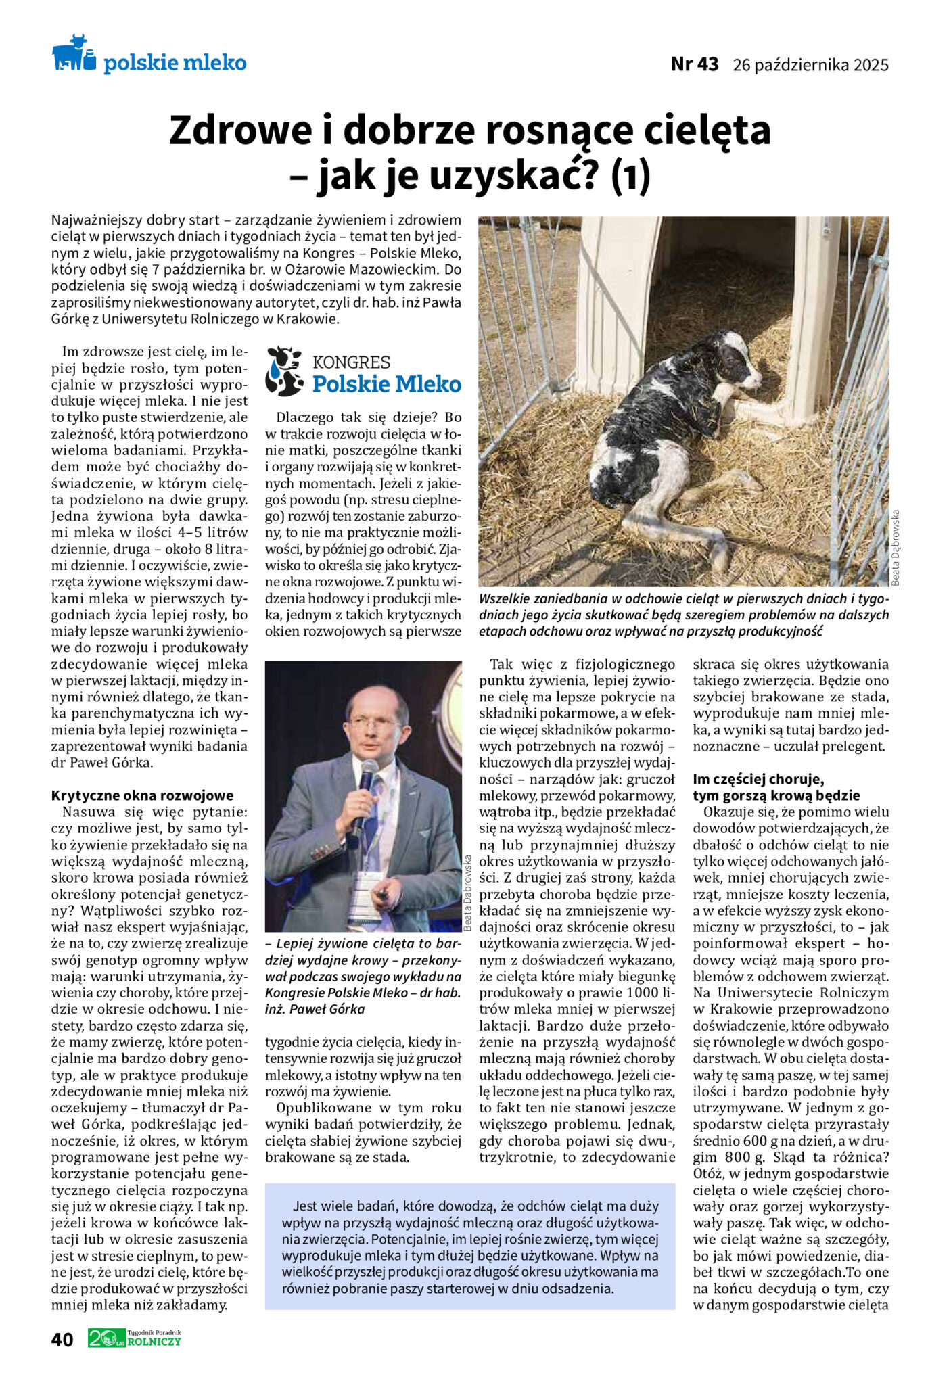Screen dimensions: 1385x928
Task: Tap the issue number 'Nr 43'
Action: coord(694,64)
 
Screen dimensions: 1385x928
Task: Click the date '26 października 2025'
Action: coord(810,65)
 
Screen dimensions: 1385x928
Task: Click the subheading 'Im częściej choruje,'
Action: coord(758,779)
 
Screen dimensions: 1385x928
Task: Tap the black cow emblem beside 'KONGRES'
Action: coord(283,371)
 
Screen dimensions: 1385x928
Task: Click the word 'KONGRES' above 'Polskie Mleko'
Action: coord(351,362)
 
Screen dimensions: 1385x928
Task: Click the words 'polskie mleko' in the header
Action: coord(175,63)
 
